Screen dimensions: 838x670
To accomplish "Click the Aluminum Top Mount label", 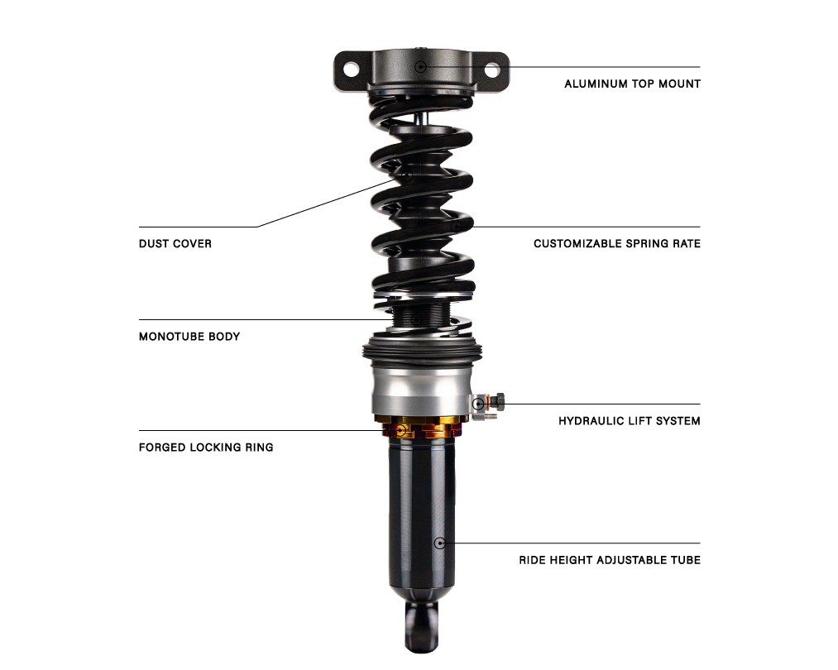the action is click(632, 84).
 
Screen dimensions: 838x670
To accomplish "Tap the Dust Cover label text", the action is click(175, 244).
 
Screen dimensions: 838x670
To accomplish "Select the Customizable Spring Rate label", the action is click(617, 244).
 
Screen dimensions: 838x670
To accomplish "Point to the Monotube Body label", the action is click(189, 337).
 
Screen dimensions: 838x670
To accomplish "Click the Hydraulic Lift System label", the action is click(629, 421).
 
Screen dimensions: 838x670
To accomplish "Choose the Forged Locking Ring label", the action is click(206, 447).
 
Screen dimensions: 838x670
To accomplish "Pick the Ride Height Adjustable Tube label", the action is click(609, 560).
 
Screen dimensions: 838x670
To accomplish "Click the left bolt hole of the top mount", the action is click(351, 69).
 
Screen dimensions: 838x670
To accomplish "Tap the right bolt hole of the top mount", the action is click(491, 69).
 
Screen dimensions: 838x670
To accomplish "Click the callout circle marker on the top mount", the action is click(420, 66).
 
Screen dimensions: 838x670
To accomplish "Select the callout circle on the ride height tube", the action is click(439, 543).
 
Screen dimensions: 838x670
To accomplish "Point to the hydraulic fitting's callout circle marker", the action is click(479, 404).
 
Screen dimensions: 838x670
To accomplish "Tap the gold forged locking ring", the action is click(422, 426).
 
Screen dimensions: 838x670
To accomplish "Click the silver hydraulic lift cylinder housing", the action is click(422, 390).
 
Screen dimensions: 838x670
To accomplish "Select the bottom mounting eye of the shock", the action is click(422, 626).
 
